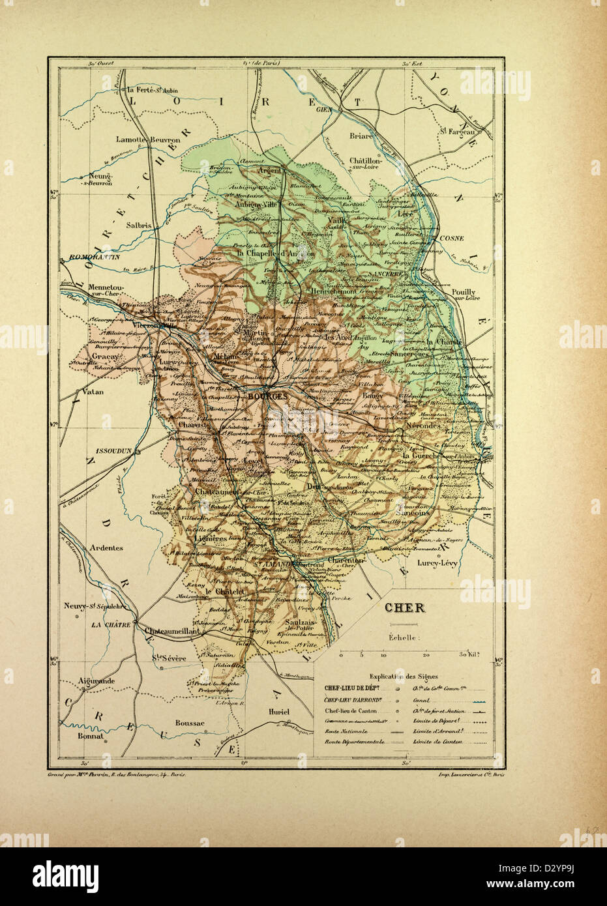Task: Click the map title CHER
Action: (x=404, y=608)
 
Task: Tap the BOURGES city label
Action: (x=268, y=397)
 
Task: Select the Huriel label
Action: (x=278, y=712)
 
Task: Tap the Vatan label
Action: (x=85, y=392)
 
